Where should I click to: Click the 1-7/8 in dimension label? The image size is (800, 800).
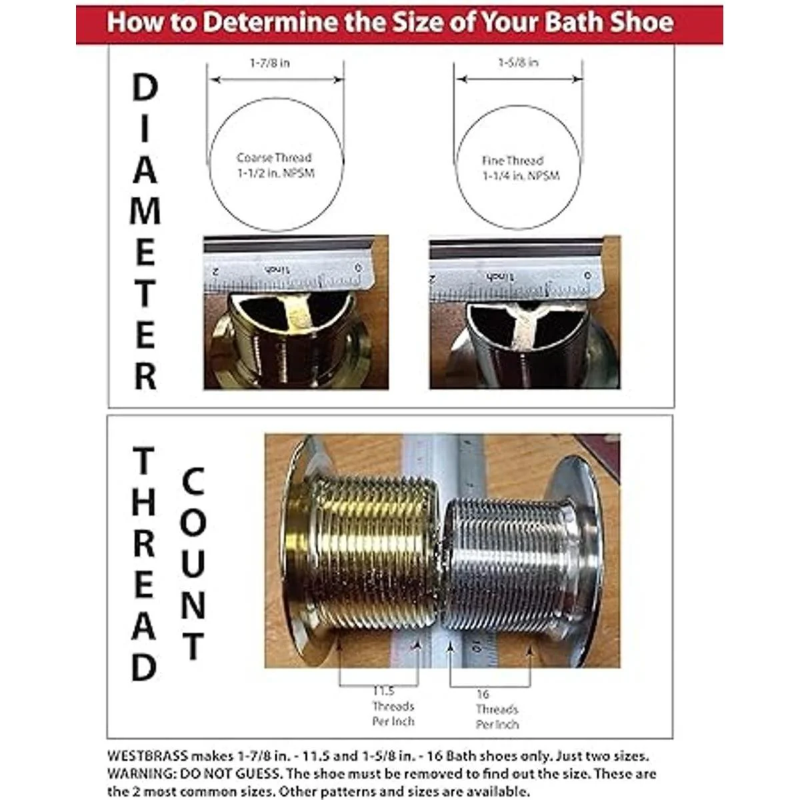270,63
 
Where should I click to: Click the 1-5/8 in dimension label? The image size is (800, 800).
519,63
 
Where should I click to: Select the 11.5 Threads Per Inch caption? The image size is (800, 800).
393,707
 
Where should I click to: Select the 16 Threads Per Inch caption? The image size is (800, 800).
497,709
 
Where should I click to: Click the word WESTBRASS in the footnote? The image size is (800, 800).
147,757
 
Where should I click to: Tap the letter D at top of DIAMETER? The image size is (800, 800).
145,88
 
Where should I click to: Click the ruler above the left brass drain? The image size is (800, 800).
287,270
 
